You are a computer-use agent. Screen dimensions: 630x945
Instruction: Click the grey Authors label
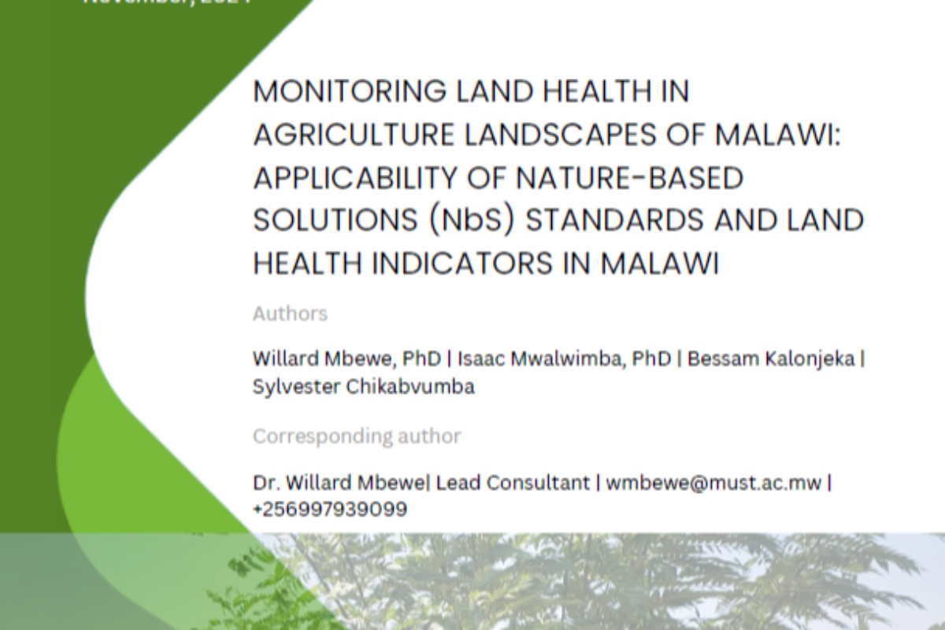290,313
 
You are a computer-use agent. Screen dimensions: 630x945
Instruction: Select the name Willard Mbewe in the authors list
313,358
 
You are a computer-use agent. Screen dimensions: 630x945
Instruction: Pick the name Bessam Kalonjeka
773,358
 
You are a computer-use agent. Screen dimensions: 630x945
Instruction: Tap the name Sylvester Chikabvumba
363,387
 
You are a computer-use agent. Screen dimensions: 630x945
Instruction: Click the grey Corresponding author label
357,435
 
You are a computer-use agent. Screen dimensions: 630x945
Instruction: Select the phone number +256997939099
330,510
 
